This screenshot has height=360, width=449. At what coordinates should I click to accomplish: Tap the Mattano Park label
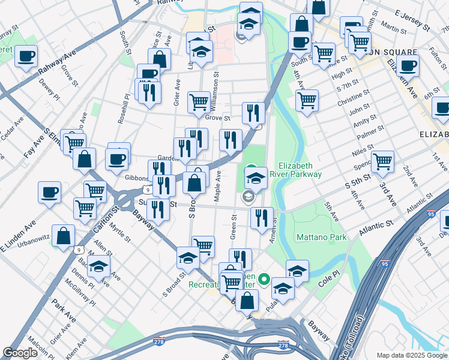click(321, 238)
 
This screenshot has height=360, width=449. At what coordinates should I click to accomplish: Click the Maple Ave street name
click(218, 185)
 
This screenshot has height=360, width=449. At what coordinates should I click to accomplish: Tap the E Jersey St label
click(414, 20)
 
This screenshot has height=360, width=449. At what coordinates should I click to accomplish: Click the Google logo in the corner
click(20, 353)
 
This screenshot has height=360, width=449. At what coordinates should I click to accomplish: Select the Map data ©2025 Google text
click(411, 355)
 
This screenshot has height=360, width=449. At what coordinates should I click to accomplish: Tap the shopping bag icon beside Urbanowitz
click(63, 236)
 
